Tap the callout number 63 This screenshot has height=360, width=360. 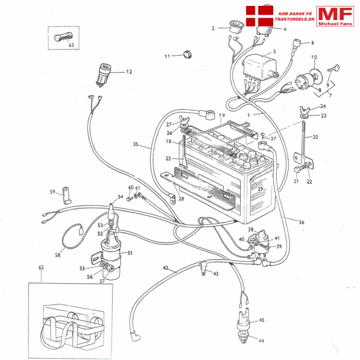71,45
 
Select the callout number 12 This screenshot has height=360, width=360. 129,71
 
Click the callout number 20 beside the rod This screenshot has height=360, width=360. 315,137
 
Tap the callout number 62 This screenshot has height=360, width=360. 41,267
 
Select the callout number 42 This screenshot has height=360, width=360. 166,268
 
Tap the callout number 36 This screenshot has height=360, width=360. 302,222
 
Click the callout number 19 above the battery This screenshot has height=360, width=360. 222,115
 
